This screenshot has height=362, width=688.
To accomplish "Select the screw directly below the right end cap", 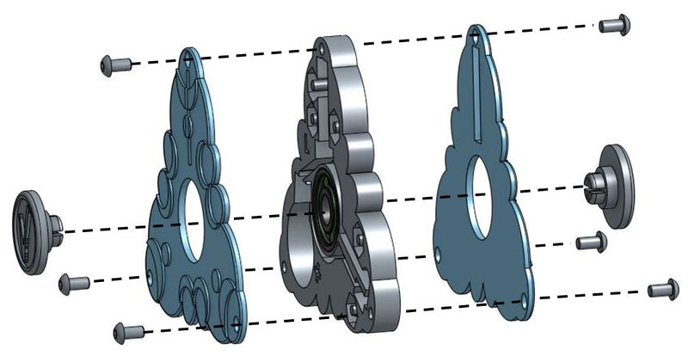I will (x=591, y=242).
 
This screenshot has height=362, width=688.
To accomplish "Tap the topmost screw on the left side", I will (x=115, y=64).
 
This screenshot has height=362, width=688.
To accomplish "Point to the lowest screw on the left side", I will (x=128, y=330).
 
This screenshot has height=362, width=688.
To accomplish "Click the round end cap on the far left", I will (x=32, y=232).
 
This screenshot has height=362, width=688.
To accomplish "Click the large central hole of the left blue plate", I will (x=197, y=221).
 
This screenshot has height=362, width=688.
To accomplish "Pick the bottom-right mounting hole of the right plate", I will (x=523, y=301).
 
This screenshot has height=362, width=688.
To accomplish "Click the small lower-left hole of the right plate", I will (x=439, y=255).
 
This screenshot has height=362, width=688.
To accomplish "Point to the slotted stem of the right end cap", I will (x=593, y=183).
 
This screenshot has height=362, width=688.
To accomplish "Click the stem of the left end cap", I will (x=56, y=227).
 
